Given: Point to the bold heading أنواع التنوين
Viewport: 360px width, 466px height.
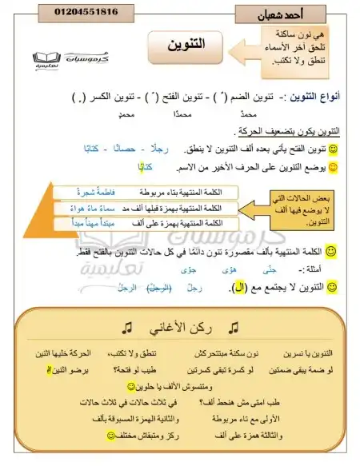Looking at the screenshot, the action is pos(313,97).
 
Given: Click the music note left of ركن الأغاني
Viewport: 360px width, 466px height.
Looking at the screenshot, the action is pos(126,329).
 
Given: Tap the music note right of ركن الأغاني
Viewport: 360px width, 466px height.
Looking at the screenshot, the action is pos(233,329).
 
